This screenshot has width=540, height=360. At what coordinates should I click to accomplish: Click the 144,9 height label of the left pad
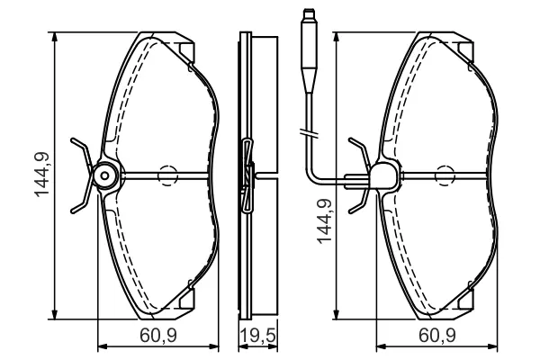click(42, 175)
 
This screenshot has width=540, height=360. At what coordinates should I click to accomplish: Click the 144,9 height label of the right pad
click(324, 221)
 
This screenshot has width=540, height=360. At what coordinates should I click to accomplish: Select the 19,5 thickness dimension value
click(257, 335)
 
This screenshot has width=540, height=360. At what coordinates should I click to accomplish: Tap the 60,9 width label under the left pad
click(158, 335)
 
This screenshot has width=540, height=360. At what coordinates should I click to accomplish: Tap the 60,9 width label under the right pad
click(437, 335)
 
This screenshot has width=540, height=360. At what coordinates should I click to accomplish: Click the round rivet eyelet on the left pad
click(105, 176)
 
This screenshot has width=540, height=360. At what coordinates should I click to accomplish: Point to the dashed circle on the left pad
click(167, 176)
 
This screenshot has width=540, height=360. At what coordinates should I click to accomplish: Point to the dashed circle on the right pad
click(445, 176)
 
